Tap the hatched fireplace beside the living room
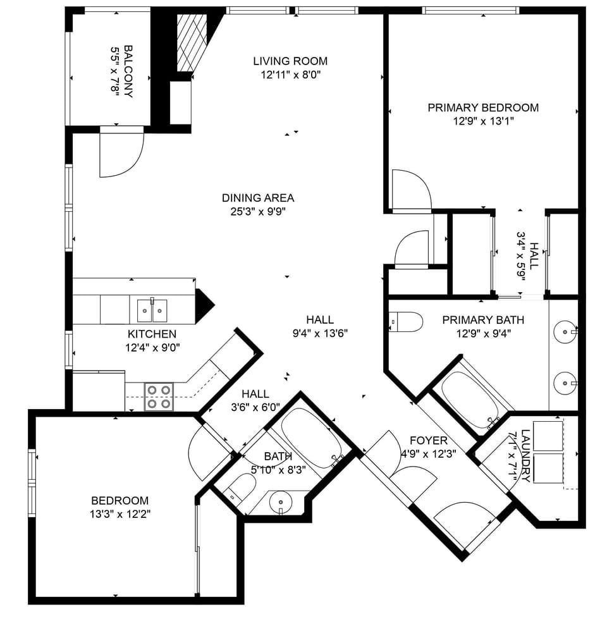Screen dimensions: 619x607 [x=191, y=42]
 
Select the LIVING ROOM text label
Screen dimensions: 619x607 [x=290, y=61]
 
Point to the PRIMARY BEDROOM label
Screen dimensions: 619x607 [x=483, y=107]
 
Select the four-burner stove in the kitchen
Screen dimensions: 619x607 [x=159, y=396]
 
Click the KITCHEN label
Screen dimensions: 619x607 [x=152, y=334]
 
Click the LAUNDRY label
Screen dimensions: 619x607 [x=523, y=446]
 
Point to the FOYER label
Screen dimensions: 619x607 [x=428, y=441]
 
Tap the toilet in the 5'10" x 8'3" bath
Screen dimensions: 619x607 [x=241, y=487]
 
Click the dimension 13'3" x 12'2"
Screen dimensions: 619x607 [x=120, y=513]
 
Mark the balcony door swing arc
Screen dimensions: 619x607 [x=122, y=155]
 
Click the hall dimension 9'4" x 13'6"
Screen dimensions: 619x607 [x=319, y=333]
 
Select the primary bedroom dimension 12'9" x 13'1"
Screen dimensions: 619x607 [x=483, y=121]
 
